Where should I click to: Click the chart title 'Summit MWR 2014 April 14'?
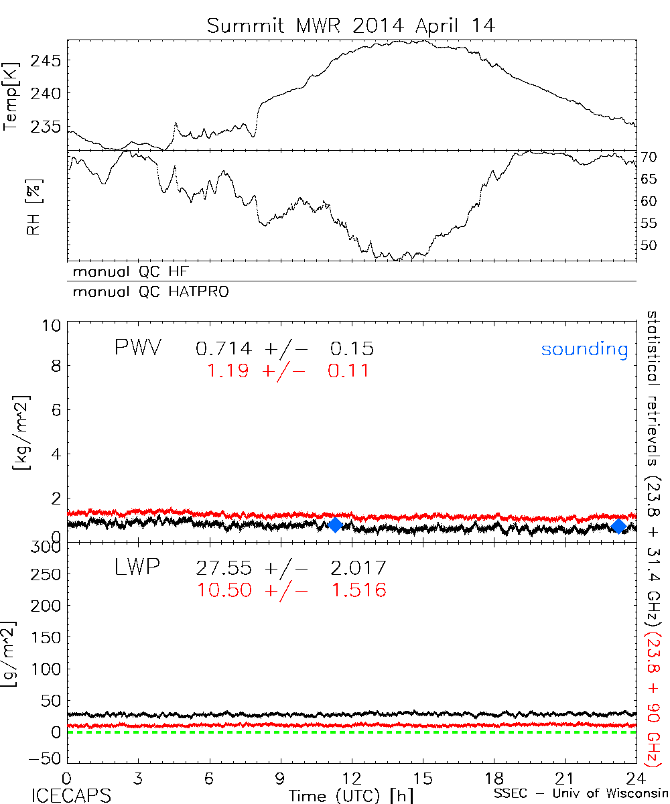tap(351, 25)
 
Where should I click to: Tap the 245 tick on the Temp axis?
tap(48, 62)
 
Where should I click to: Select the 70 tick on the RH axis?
tap(650, 157)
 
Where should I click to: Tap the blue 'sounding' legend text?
tap(585, 349)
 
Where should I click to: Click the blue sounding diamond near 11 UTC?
tap(336, 525)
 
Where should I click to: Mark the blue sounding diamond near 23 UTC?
tap(619, 526)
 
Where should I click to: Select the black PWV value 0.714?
tap(224, 349)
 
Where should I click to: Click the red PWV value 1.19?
tap(229, 371)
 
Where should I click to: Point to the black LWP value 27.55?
tap(224, 569)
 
